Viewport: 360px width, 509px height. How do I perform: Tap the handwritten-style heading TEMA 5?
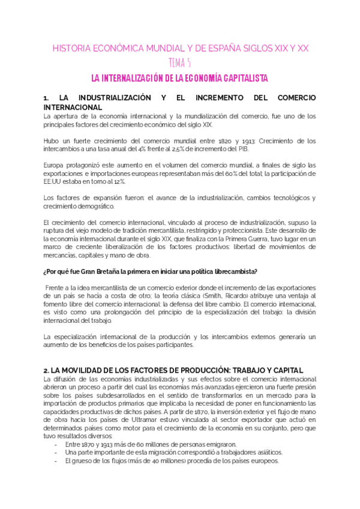180,64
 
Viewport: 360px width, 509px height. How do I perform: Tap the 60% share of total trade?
236,173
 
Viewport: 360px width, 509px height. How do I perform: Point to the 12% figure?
119,182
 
